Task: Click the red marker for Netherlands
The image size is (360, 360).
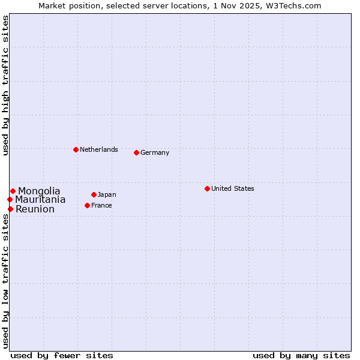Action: coord(76,149)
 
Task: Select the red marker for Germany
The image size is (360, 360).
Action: coord(136,152)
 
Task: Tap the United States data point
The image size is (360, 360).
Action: coord(207,188)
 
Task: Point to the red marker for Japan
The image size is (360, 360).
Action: coord(94,194)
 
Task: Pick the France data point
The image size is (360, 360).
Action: coord(87,205)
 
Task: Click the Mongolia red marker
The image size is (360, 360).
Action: coord(13,191)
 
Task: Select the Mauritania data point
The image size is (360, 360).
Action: coord(10,199)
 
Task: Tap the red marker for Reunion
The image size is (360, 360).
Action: coord(10,209)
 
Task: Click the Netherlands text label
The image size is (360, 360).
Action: coord(98,149)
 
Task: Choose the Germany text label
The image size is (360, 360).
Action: coord(155,152)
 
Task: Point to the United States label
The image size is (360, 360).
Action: coord(232,188)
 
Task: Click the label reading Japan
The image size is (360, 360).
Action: coord(107,194)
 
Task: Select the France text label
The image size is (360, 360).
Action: coord(101,205)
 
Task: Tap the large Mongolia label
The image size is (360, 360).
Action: coord(39,191)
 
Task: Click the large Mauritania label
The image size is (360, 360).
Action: coord(40,200)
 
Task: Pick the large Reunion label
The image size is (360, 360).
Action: coord(35,209)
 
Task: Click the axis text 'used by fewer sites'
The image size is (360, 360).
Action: coord(62,355)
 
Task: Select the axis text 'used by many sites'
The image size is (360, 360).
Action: coord(301,355)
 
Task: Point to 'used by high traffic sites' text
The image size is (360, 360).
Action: coord(5,85)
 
